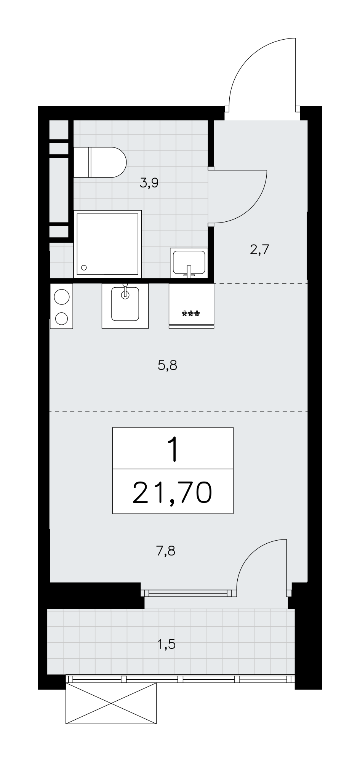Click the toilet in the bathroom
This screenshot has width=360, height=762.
pos(99,162)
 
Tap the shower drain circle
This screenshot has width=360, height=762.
pos(84,267)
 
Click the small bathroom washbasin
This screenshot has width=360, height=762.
pos(189,263)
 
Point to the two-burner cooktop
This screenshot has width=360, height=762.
pos(61,306)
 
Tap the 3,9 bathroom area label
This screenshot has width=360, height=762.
pos(149,184)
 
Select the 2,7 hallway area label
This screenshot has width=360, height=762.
pos(260,250)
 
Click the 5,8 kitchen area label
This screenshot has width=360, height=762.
pos(168,366)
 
